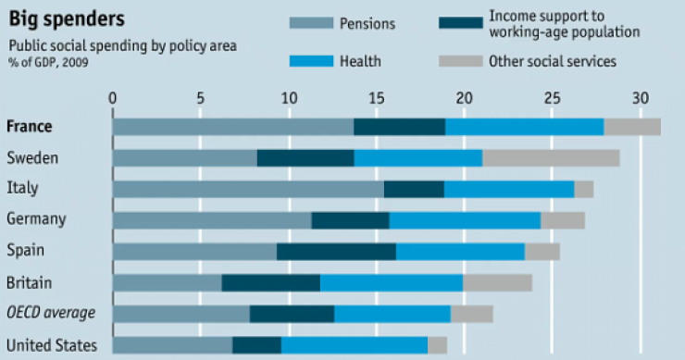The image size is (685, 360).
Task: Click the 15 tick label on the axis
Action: (x=377, y=97)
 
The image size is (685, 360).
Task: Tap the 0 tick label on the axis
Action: (x=113, y=97)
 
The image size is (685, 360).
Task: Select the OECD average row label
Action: (x=51, y=313)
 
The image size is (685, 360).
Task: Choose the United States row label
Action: (x=52, y=345)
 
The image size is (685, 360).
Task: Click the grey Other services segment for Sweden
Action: (x=551, y=158)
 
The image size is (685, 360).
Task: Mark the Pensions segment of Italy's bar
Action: (x=248, y=189)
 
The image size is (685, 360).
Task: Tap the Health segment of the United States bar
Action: (x=355, y=345)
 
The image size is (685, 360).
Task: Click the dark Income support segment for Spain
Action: (x=336, y=251)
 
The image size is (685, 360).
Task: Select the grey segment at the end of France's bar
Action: (x=632, y=127)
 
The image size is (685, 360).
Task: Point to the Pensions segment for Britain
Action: (x=168, y=282)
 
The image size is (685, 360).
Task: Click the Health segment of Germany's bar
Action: (x=465, y=220)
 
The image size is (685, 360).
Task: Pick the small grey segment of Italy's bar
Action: (x=584, y=189)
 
